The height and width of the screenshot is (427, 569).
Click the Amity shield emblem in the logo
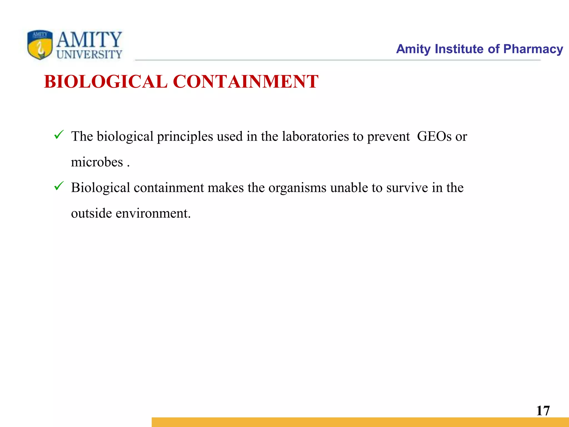pyautogui.click(x=40, y=45)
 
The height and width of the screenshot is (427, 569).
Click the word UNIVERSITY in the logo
pyautogui.click(x=89, y=54)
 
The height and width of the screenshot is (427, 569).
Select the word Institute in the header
pyautogui.click(x=459, y=49)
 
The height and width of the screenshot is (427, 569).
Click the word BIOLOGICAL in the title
pyautogui.click(x=106, y=82)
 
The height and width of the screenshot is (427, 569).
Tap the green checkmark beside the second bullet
pyautogui.click(x=59, y=186)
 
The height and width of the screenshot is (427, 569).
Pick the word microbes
pyautogui.click(x=97, y=162)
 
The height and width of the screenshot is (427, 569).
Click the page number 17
pyautogui.click(x=543, y=411)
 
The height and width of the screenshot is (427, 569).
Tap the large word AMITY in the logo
pyautogui.click(x=89, y=39)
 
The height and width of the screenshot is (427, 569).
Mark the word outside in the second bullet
pyautogui.click(x=91, y=213)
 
